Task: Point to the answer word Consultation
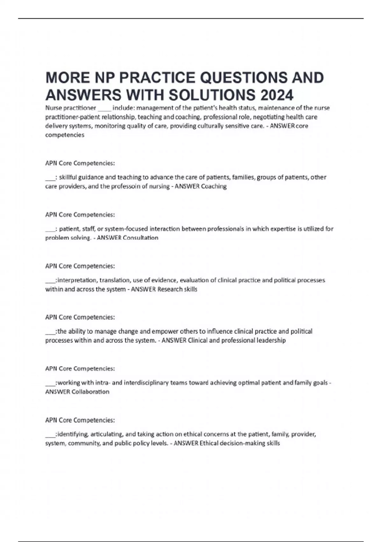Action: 140,238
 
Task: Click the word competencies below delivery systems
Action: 65,135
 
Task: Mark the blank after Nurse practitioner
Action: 104,108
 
